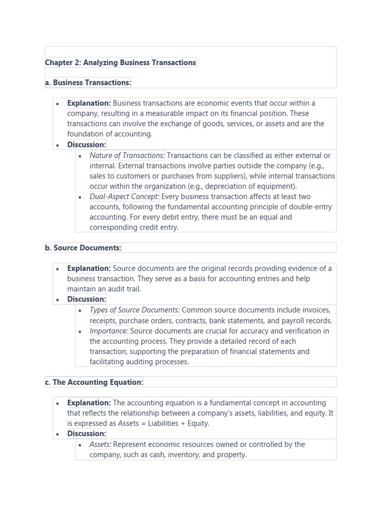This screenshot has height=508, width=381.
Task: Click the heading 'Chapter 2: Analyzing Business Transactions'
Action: tap(121, 63)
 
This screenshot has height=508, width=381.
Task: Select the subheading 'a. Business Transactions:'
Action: tap(88, 82)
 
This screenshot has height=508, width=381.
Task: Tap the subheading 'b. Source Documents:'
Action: tap(83, 248)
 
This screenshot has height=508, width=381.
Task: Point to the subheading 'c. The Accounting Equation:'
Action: tap(94, 382)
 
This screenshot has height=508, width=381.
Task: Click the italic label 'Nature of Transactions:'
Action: tap(127, 155)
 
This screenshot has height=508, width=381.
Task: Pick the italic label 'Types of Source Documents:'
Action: tap(134, 310)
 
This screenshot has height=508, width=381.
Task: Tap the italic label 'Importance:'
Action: tap(109, 331)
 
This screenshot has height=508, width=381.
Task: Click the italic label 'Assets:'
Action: tap(100, 444)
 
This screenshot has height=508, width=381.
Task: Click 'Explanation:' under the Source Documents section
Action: tap(89, 268)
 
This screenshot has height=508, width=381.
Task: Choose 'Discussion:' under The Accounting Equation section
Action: tap(87, 434)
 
